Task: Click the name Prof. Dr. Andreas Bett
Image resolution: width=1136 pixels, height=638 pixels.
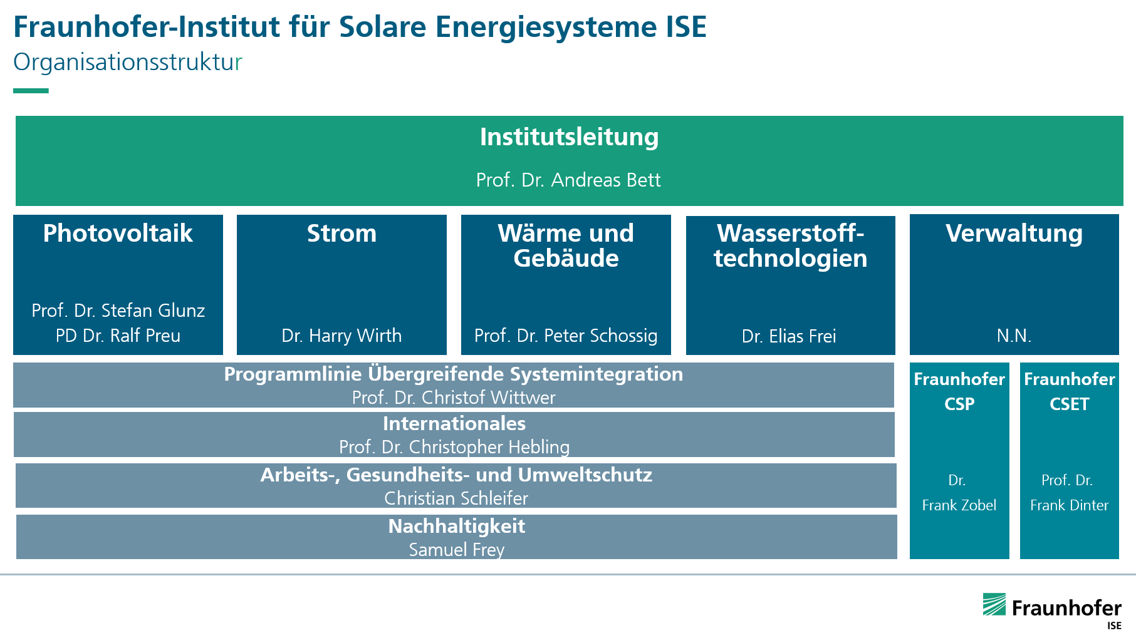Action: (568, 180)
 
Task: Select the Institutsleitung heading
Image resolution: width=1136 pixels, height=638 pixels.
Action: (569, 137)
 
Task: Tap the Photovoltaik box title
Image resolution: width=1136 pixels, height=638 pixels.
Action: (118, 234)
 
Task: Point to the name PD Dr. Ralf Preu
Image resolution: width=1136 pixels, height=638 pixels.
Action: (118, 336)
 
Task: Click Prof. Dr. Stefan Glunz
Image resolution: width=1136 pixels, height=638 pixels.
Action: (118, 311)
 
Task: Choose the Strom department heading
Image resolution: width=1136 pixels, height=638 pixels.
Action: (341, 234)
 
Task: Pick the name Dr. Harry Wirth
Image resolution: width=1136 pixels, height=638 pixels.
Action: (341, 336)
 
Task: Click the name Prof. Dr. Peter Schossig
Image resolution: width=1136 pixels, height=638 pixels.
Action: (566, 336)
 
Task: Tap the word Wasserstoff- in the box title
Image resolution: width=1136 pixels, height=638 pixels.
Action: (790, 234)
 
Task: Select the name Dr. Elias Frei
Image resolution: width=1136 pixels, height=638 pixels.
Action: (789, 336)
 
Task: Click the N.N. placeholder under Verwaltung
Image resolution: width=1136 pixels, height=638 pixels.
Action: (1014, 336)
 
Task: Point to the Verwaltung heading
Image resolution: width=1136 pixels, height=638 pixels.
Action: (1014, 234)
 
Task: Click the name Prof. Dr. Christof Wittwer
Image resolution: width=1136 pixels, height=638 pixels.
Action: (454, 398)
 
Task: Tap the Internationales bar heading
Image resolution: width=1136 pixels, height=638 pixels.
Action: (454, 424)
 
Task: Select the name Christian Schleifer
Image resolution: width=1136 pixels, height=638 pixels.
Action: (456, 498)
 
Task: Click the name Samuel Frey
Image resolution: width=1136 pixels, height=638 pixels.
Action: (456, 550)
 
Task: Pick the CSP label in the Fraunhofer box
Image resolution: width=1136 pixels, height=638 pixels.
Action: (959, 404)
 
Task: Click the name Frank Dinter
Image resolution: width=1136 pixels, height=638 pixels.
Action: (1069, 505)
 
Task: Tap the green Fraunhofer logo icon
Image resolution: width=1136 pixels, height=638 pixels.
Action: (994, 605)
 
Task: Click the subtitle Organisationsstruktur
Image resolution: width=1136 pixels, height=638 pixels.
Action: (127, 63)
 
